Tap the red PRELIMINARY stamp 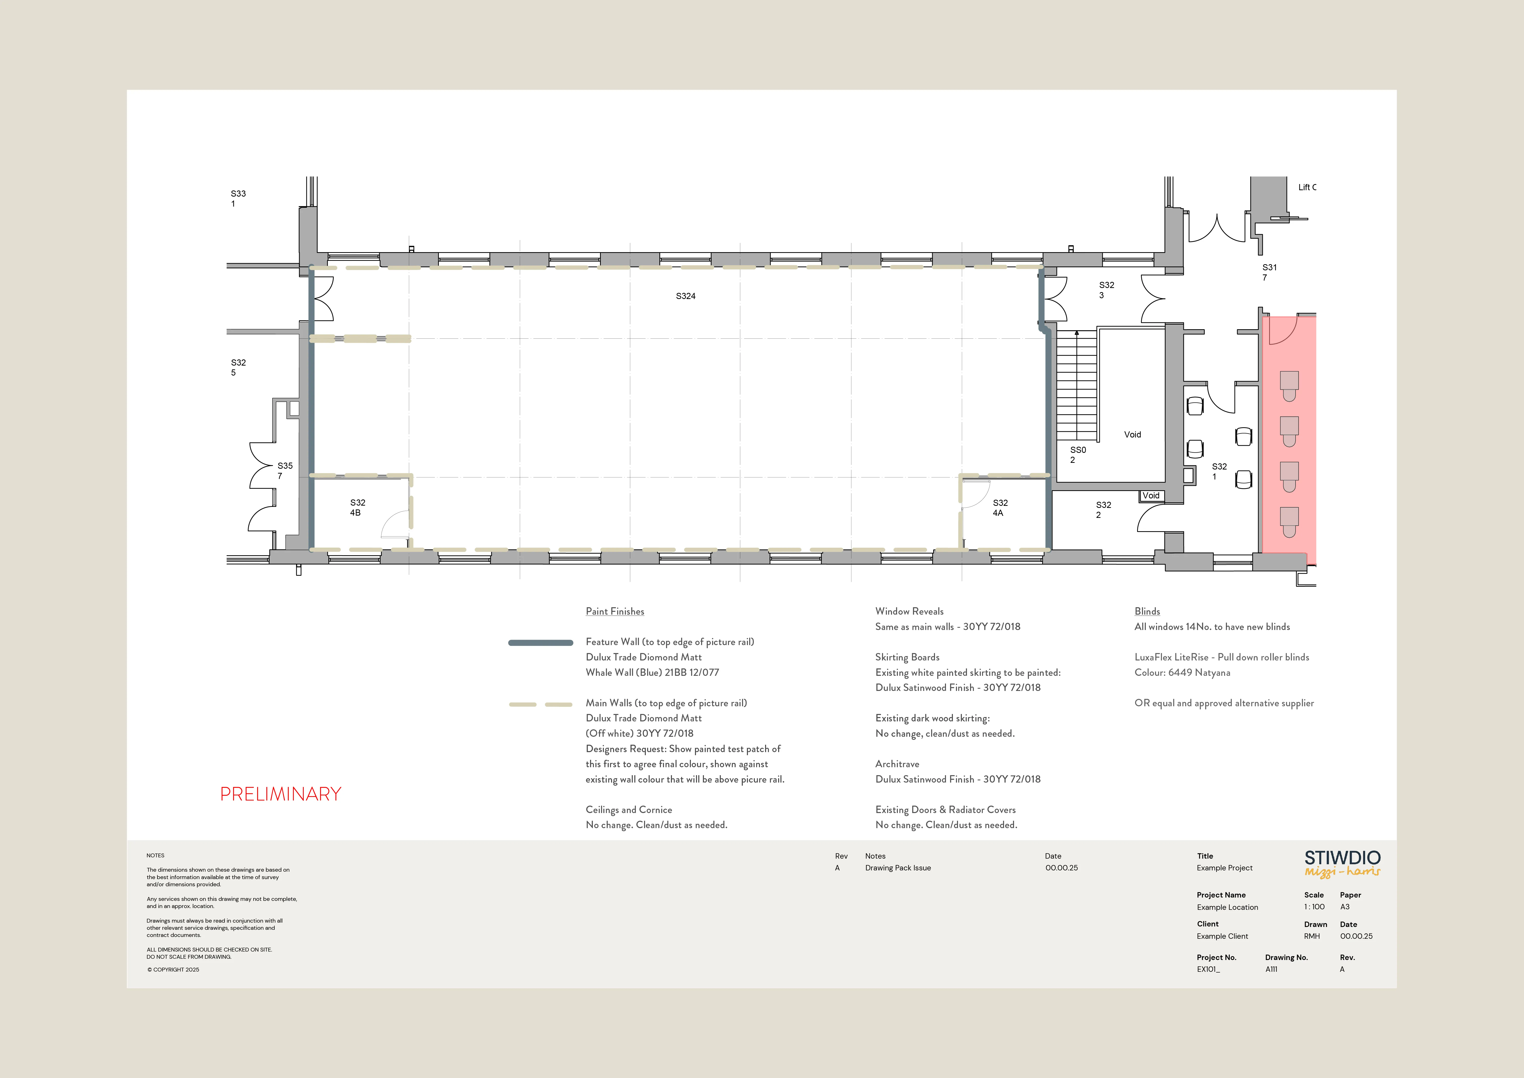click(x=281, y=794)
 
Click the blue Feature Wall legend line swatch click(x=540, y=642)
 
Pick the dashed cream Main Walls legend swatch click(x=540, y=704)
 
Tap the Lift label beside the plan click(x=1306, y=187)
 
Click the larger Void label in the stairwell click(x=1132, y=434)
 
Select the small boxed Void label click(x=1151, y=496)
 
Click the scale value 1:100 click(x=1314, y=907)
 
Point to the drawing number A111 click(x=1271, y=969)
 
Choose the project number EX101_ click(x=1208, y=969)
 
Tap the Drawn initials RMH click(x=1312, y=936)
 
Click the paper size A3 click(x=1345, y=907)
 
